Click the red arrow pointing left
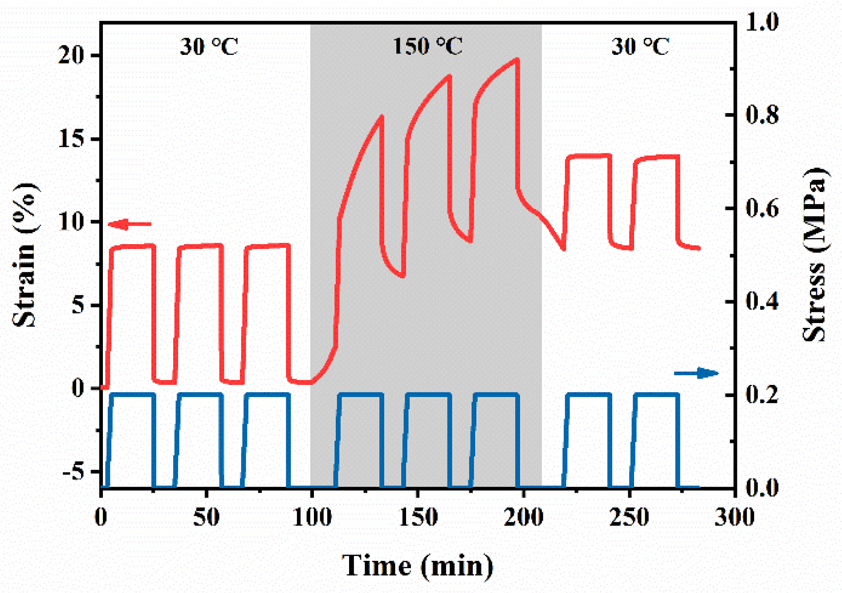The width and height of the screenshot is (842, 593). (x=130, y=224)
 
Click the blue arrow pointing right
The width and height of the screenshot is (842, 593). (x=696, y=373)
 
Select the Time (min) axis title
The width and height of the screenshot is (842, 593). (x=417, y=566)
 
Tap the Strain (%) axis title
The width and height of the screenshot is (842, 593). (x=24, y=255)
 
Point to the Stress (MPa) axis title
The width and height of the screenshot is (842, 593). (x=814, y=255)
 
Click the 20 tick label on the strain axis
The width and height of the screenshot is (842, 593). (x=71, y=55)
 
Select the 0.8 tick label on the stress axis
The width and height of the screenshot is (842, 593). (x=762, y=115)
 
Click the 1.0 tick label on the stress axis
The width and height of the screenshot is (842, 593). (x=762, y=21)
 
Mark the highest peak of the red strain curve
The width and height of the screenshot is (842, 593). (x=517, y=59)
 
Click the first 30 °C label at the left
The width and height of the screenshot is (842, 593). (x=208, y=46)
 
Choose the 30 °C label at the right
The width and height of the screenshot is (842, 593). (x=640, y=46)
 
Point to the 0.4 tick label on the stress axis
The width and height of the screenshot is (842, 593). (x=762, y=302)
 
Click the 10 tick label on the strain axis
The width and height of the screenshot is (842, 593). (x=71, y=221)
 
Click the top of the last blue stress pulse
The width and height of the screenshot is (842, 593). (x=657, y=394)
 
